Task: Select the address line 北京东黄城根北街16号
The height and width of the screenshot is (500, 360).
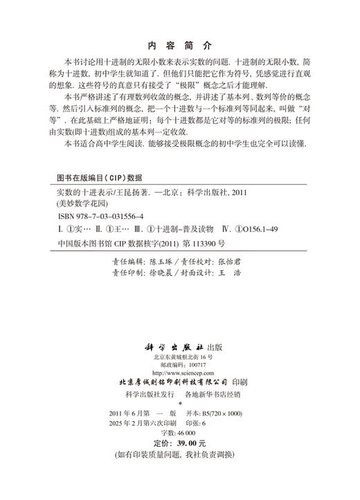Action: tap(179, 356)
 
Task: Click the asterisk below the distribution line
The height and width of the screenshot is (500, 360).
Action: tap(179, 403)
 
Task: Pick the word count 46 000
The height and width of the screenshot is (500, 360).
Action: tap(187, 431)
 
